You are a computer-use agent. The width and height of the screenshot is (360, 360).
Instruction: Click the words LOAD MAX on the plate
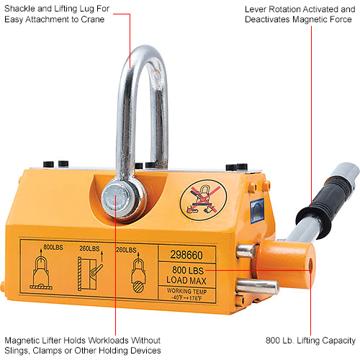point(194,278)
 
